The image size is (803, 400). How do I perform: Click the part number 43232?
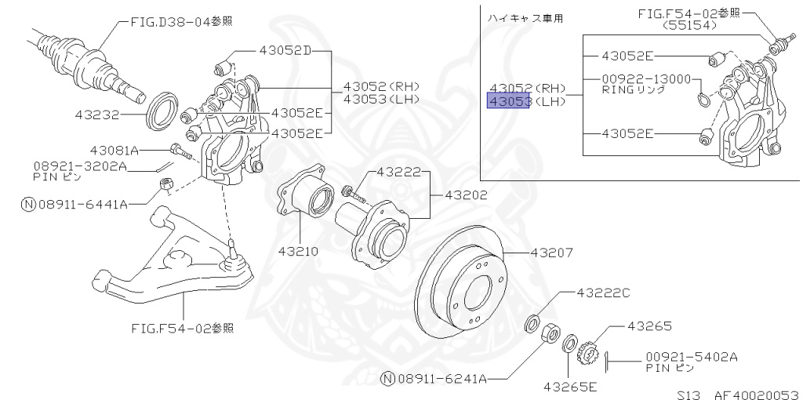pos(97,115)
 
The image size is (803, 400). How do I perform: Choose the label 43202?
pos(466,195)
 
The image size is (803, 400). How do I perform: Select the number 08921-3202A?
pos(80,166)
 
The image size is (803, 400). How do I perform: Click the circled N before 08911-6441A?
pos(28,204)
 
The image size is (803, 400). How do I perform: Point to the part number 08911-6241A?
pos(443,379)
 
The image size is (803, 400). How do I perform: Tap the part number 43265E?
pos(570,387)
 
